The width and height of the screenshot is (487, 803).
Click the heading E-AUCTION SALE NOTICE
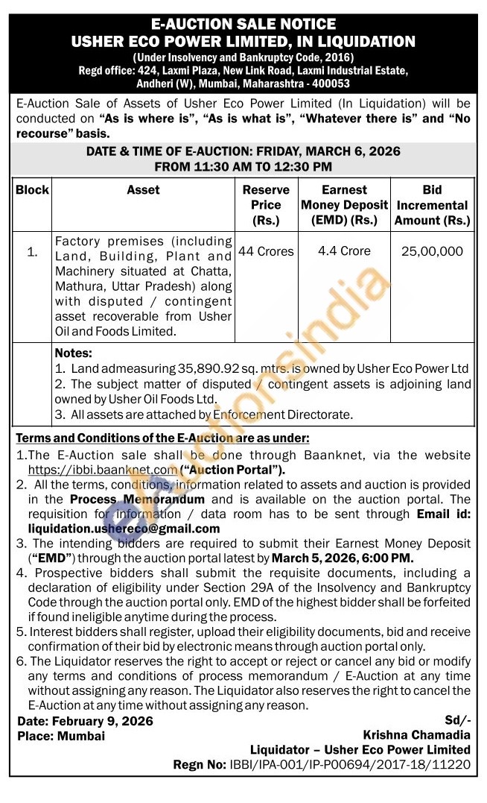click(x=244, y=25)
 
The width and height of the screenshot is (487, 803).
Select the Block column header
click(x=32, y=190)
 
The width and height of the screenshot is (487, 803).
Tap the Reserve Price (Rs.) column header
click(x=266, y=205)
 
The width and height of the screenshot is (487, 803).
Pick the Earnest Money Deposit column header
click(x=345, y=205)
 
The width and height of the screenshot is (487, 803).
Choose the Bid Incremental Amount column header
click(x=433, y=205)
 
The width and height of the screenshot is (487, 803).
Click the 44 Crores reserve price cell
click(x=266, y=251)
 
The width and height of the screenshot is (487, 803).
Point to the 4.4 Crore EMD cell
click(x=344, y=251)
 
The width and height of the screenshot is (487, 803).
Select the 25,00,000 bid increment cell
click(x=432, y=252)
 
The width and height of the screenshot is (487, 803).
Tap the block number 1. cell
click(x=32, y=252)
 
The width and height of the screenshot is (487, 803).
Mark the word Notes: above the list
click(x=74, y=353)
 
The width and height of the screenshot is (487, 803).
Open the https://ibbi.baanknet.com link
click(x=102, y=470)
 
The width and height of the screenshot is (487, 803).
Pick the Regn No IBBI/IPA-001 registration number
click(x=322, y=764)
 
